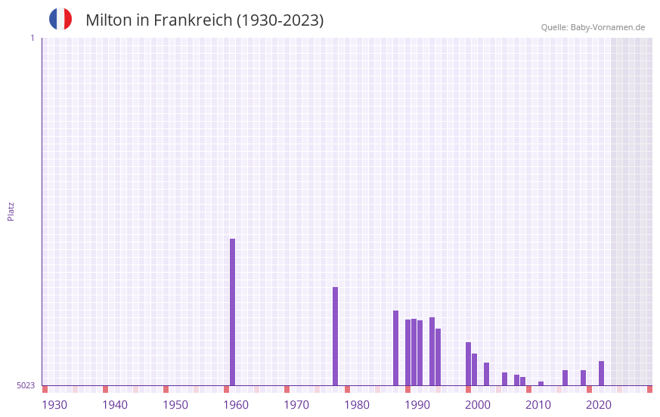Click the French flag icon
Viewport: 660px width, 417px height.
click(x=60, y=20)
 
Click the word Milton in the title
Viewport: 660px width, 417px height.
click(x=108, y=20)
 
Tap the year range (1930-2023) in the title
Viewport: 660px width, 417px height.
click(x=280, y=20)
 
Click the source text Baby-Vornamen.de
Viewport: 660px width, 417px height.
click(x=607, y=27)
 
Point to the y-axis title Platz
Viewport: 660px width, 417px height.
click(x=11, y=211)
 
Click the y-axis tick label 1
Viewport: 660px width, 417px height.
click(x=32, y=38)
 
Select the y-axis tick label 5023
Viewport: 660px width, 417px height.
click(x=26, y=385)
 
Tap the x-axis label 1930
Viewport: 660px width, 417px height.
click(x=54, y=405)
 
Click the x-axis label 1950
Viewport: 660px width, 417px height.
click(x=175, y=405)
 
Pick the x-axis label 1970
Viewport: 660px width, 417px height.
click(x=296, y=405)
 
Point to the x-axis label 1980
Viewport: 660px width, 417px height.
click(x=357, y=405)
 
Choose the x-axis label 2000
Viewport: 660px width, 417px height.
click(x=478, y=405)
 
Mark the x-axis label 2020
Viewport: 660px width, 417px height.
click(x=599, y=405)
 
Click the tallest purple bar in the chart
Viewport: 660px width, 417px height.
click(x=232, y=312)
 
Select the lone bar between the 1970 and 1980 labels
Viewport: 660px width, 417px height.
click(x=335, y=336)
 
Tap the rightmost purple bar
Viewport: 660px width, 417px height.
click(x=601, y=373)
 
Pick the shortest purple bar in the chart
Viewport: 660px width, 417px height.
click(x=541, y=383)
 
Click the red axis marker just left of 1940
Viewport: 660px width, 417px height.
click(x=105, y=389)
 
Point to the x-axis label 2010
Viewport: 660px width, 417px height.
click(x=538, y=405)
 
